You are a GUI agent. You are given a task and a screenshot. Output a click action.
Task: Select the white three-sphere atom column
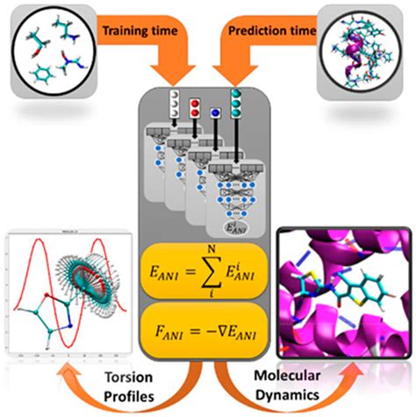[176, 99]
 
